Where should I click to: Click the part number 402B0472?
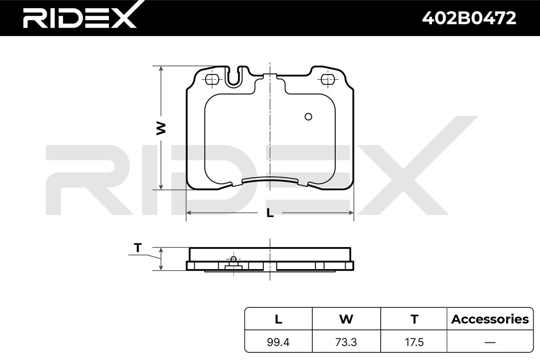coord(469,18)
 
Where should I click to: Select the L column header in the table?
coord(279,319)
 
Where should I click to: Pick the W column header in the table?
coord(346,319)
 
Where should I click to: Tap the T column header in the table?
coord(414,319)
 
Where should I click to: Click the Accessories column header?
coord(490,319)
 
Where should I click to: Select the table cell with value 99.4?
coord(278,342)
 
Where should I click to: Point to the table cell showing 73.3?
coord(346,342)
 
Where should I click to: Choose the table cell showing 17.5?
coord(414,342)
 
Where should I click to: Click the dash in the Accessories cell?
coord(490,342)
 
